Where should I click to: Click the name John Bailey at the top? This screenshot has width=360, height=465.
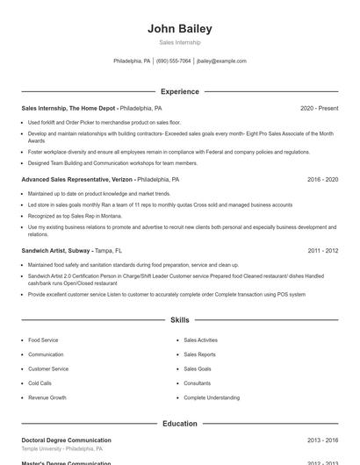(179, 29)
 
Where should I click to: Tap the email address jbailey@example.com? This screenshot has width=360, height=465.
(221, 61)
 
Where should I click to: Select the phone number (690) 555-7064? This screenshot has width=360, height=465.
(173, 61)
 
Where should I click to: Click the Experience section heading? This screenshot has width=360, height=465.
(179, 91)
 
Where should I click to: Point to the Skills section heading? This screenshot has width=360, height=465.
(179, 320)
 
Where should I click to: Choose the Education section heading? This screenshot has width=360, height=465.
(179, 424)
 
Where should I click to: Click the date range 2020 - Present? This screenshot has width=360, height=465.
(319, 108)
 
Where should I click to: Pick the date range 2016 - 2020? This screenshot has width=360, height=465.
(322, 179)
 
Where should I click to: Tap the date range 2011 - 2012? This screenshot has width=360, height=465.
(322, 250)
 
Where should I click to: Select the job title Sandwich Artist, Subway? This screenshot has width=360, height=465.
(56, 250)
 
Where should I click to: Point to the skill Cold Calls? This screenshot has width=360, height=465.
(40, 383)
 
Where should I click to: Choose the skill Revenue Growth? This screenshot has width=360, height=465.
(47, 397)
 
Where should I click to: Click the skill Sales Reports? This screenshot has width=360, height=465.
(199, 354)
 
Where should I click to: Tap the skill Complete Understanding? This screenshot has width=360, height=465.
(212, 397)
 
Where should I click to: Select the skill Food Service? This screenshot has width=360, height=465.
(43, 340)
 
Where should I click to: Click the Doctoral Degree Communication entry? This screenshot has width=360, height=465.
(67, 440)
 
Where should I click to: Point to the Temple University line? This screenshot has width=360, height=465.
(61, 448)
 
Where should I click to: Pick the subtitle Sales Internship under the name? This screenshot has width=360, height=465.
(179, 42)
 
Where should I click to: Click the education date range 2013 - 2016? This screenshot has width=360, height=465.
(322, 440)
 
